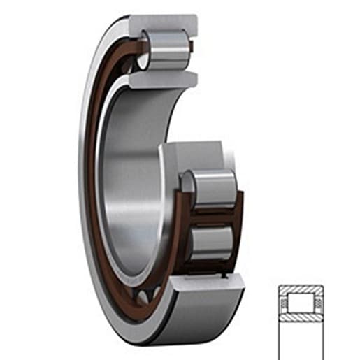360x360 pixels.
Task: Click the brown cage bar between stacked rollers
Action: tap(210, 216)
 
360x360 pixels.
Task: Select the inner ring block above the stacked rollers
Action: tap(192, 155)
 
